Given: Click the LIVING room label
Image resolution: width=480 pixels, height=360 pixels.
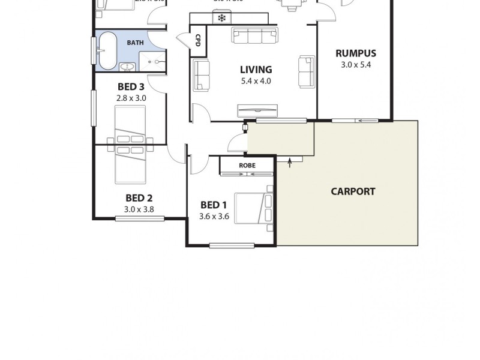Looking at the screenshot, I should point(256,70).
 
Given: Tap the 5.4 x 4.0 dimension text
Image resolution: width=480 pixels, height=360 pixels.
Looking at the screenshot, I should point(256,80).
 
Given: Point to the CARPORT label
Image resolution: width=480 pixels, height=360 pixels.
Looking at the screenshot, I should point(353,191).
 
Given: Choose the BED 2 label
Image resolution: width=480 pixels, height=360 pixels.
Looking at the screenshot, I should point(139,198).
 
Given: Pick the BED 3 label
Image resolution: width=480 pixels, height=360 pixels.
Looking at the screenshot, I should point(131,86).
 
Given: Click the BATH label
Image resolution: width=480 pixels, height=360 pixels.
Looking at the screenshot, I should point(134,43).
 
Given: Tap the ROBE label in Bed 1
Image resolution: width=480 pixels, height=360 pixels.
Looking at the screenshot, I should point(247,165).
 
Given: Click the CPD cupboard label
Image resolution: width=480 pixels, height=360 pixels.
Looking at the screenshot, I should point(197,40).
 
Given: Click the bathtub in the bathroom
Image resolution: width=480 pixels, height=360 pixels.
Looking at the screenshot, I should point(108,50).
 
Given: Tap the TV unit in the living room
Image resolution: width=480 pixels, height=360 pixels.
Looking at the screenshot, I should point(258,110).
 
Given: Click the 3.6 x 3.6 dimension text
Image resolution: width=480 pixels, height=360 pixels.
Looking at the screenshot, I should point(214,217).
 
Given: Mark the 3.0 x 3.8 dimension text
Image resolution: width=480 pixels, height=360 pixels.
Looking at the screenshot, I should point(139,209).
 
